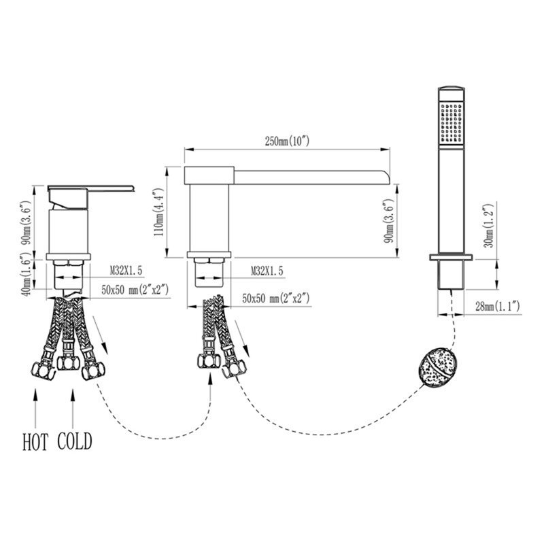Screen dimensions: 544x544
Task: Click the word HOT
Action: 35,441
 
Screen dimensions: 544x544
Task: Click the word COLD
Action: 75,441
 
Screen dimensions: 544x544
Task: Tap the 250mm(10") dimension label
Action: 287,141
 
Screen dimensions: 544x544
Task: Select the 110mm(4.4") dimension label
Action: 158,212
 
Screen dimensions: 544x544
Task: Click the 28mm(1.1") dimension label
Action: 498,307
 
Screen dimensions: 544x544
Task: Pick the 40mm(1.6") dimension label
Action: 27,275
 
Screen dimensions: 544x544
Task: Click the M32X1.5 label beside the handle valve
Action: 126,271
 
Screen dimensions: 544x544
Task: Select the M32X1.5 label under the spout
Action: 267,271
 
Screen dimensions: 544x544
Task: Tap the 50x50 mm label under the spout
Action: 276,299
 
